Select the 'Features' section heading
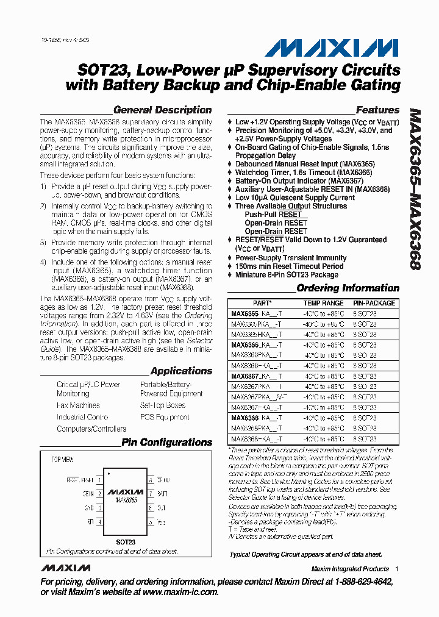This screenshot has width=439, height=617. coord(377,110)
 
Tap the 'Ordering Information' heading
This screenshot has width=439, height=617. coord(348,288)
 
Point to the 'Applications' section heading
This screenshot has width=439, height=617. coord(181,371)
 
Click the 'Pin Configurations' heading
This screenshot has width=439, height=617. coord(166,443)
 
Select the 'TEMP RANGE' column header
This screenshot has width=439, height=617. coord(323,303)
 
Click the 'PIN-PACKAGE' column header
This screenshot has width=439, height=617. coord(374,303)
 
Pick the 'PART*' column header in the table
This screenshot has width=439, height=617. coord(262,303)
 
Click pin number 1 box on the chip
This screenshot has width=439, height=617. coord(99,480)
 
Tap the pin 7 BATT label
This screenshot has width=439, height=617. coord(162,493)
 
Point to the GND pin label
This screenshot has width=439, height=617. coord(88,507)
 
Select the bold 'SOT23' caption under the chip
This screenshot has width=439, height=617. coord(126,541)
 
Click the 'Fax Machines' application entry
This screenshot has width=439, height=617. coord(78,405)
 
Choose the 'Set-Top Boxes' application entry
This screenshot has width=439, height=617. coord(162,405)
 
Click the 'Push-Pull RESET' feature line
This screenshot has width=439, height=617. coord(273,215)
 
